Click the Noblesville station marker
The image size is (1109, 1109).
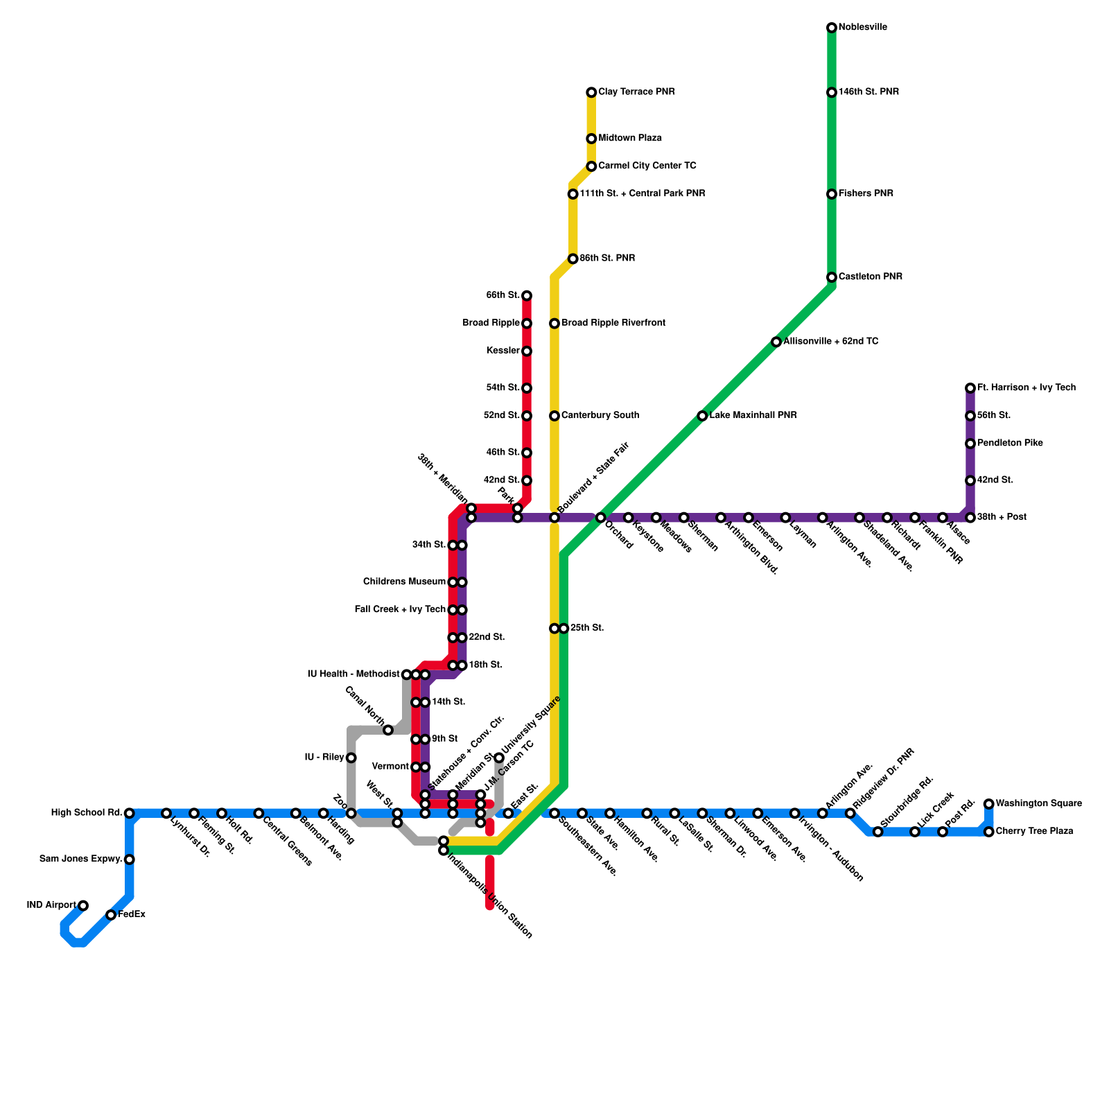(831, 28)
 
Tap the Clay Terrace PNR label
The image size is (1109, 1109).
(636, 92)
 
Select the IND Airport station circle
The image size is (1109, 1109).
(83, 905)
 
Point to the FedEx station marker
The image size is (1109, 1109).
(111, 915)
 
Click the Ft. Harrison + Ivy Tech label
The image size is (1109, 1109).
(1027, 388)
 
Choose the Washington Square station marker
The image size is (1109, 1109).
(988, 804)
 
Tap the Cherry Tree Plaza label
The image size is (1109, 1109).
(1034, 832)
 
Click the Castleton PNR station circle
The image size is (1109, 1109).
(831, 277)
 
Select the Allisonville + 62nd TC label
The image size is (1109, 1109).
(830, 342)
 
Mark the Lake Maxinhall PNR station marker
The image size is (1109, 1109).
(702, 416)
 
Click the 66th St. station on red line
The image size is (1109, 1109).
(527, 296)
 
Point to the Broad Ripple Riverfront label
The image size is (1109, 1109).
(613, 324)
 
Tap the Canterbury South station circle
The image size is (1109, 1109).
(554, 416)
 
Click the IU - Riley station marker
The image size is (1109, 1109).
(351, 758)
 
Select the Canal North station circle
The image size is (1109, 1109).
(388, 730)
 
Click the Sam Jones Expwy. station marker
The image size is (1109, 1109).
(130, 859)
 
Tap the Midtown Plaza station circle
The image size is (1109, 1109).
(591, 139)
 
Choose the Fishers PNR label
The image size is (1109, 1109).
(866, 194)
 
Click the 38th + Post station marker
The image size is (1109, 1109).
(970, 518)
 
